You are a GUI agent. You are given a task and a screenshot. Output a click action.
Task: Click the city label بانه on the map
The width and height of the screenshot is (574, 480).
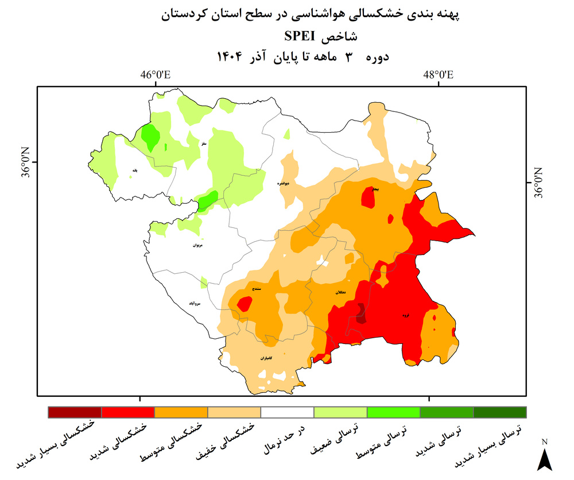point(134,170)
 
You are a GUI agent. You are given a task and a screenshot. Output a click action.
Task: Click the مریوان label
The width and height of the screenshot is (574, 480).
point(198,245)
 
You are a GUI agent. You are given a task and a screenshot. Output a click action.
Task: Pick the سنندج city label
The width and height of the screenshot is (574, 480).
point(257,289)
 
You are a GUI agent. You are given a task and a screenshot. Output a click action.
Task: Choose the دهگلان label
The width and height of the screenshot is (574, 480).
point(339,293)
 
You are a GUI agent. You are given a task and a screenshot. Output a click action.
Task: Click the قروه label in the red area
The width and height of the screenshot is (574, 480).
point(405,315)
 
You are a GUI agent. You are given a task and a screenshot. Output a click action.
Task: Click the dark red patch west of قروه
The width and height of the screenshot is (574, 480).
point(361,314)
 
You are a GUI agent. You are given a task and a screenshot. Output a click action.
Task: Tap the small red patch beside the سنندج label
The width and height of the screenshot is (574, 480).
point(245,303)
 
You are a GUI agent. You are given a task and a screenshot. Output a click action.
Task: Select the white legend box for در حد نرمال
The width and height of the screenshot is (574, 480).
point(287,412)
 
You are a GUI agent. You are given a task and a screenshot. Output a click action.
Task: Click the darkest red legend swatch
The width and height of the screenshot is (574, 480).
point(75,412)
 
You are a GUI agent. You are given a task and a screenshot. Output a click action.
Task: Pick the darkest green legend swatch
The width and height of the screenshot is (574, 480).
point(499,412)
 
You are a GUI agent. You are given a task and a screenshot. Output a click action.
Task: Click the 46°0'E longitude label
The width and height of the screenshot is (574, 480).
point(156,75)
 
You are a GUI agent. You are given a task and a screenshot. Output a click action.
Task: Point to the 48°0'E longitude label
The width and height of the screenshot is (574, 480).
point(439,75)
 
